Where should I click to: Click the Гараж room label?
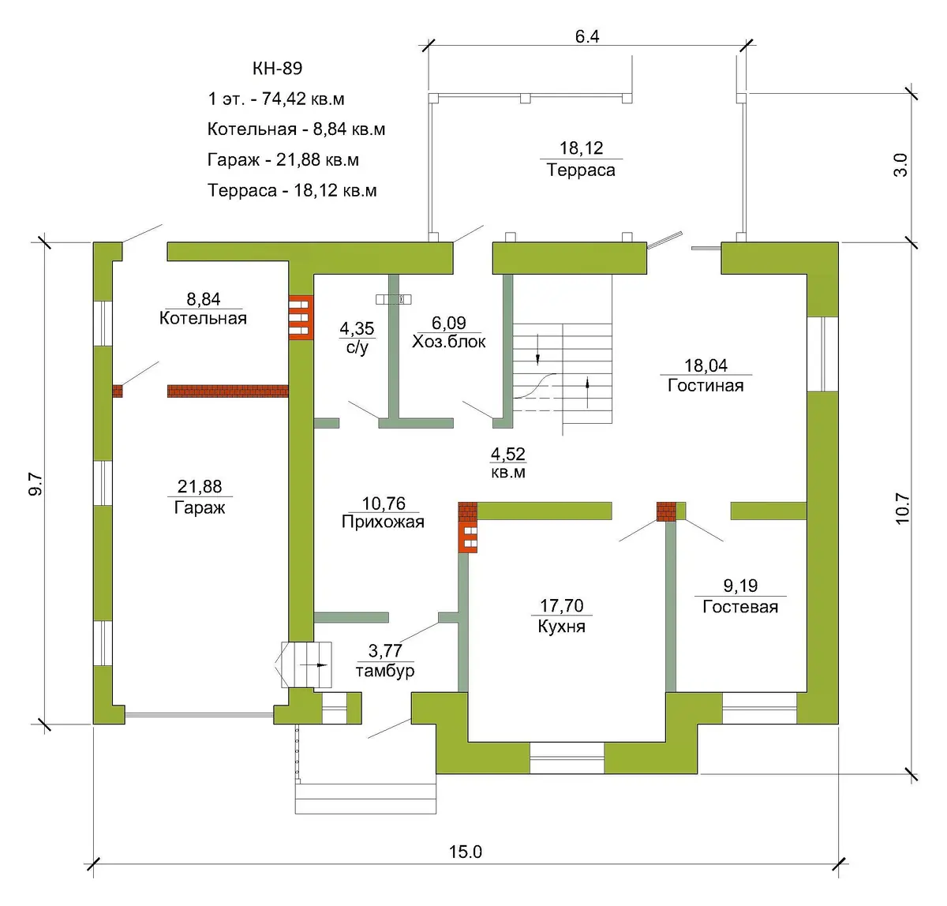point(200,507)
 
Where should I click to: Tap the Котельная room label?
point(203,318)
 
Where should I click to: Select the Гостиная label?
point(706,385)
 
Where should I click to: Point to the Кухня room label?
point(561,626)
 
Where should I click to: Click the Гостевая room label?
point(740,606)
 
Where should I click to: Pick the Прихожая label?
point(383,522)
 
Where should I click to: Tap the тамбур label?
point(385,671)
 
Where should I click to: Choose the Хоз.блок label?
point(449,342)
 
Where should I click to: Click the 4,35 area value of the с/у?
point(357,328)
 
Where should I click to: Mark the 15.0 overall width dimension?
point(466,852)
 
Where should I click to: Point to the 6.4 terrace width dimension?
point(587,36)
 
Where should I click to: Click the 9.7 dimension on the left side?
point(36,484)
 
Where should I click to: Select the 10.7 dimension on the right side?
point(902,508)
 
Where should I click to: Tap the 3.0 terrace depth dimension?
point(900,165)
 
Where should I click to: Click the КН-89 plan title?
point(277,68)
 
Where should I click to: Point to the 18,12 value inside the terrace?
point(581,148)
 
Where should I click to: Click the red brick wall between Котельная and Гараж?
point(228,391)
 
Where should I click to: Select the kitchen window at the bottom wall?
point(567,758)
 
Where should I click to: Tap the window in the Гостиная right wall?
point(822,354)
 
